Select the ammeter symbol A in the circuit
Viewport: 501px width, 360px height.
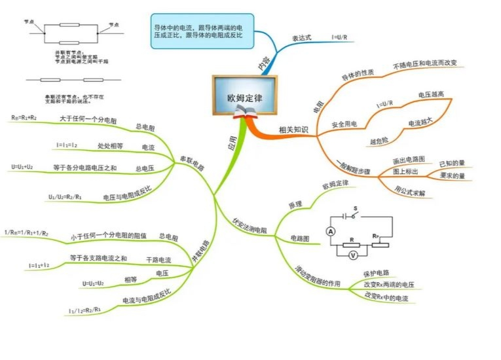point(331,231)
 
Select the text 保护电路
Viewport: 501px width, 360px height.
point(376,272)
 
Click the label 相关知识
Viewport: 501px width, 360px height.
point(293,130)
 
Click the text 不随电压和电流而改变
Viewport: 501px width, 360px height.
point(425,64)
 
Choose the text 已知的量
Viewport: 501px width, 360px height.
point(452,163)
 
